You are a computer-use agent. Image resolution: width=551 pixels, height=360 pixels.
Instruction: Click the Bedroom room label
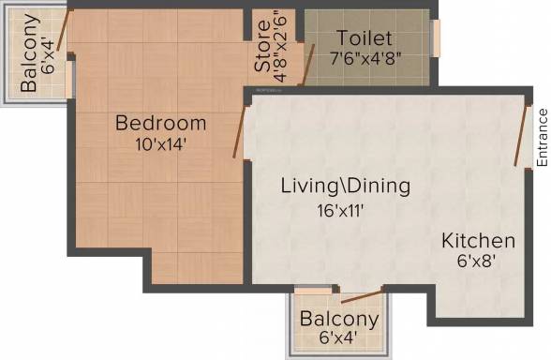[160, 123]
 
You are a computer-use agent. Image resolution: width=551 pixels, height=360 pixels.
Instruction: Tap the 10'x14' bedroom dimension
[160, 144]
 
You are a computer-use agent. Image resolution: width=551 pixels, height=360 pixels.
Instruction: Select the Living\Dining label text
[346, 186]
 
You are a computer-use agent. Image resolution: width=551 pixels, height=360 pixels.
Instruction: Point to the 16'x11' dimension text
[340, 211]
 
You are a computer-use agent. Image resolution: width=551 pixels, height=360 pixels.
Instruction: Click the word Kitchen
[478, 241]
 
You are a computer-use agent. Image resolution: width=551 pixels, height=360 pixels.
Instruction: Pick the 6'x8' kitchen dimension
[476, 262]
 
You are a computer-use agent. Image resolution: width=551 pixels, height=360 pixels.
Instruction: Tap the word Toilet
[365, 37]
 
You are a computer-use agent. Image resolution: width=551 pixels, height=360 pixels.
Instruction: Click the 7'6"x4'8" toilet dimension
[365, 59]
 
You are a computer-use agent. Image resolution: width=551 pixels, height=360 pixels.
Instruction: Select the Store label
[262, 46]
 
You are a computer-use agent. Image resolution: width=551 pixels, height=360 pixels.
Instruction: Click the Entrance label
[543, 138]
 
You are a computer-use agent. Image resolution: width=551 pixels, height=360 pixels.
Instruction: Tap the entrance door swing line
[521, 135]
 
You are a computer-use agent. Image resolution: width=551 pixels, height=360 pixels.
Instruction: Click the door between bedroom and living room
[240, 131]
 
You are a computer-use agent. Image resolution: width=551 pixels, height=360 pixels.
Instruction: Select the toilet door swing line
[308, 65]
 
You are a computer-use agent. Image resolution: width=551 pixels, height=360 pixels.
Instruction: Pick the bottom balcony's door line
[362, 296]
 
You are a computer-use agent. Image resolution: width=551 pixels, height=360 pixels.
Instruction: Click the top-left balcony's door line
[65, 30]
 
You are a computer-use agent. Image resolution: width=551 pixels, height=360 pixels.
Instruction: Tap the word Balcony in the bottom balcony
[339, 319]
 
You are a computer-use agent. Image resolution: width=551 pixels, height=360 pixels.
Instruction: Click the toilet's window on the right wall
[436, 38]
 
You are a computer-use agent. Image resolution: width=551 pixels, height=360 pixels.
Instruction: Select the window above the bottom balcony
[313, 291]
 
